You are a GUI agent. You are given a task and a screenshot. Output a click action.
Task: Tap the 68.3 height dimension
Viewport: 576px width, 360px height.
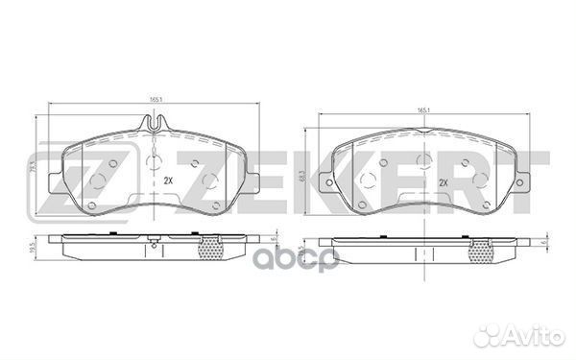(304, 172)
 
